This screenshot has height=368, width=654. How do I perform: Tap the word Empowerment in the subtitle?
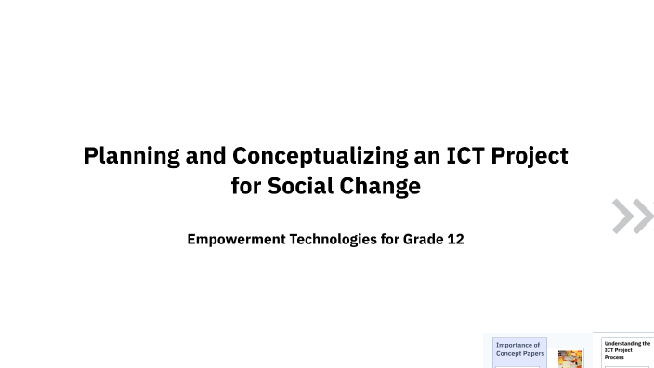pos(237,240)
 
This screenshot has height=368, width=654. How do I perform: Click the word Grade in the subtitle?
pos(423,240)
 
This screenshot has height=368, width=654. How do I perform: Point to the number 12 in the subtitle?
pos(455,240)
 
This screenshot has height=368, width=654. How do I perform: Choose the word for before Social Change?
pos(246,186)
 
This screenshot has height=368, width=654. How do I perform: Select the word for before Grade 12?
pos(389,240)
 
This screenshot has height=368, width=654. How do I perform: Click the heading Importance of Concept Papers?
pos(519,349)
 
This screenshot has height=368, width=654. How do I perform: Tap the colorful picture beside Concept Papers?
pos(569,359)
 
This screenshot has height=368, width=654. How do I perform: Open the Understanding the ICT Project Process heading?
pos(627,349)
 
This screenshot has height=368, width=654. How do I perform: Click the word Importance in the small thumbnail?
pos(517,345)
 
